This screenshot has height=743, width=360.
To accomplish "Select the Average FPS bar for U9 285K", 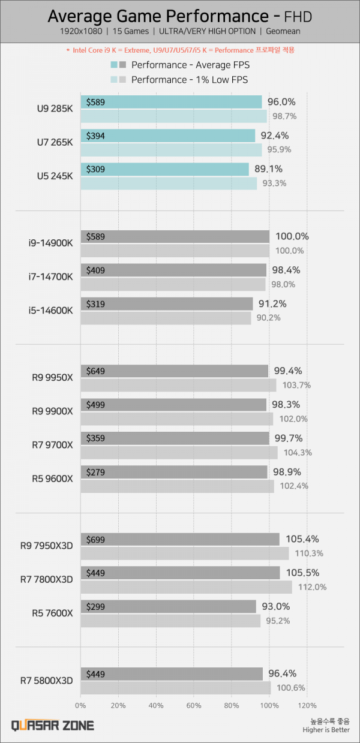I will pos(171,102).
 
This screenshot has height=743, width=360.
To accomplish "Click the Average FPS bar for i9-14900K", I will pos(175,236).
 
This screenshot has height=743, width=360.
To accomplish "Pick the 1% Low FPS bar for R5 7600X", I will pos(170,621).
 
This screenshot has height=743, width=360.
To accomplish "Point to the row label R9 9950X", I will pos(53,377).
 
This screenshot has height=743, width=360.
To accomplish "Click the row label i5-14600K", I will pos(50,310).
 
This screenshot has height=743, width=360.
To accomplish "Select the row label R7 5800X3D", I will pos(46,681).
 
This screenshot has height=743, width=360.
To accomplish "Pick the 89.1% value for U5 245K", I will pos(269,169).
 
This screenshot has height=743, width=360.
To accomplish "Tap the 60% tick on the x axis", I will pos(194,705).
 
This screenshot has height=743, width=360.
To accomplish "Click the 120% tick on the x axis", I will pos(307,705).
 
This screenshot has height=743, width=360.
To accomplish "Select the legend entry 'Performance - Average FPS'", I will pos(190,65).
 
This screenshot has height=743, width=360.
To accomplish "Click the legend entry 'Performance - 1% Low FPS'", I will pos(190,79).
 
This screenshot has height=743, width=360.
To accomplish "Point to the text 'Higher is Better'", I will pos(327,730).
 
